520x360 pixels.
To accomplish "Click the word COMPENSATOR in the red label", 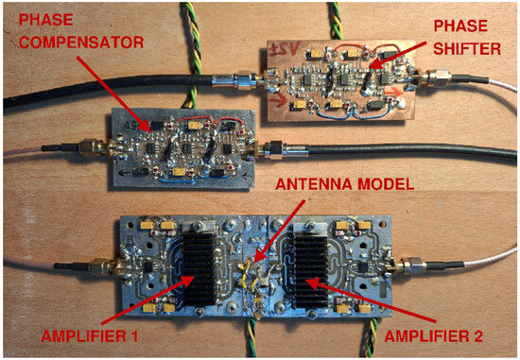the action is pyautogui.click(x=81, y=43).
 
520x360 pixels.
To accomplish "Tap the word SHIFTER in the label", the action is pyautogui.click(x=467, y=49).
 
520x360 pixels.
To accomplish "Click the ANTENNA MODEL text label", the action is pyautogui.click(x=344, y=184).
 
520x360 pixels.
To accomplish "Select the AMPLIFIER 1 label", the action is pyautogui.click(x=89, y=336).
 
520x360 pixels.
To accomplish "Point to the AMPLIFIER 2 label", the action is pyautogui.click(x=433, y=336).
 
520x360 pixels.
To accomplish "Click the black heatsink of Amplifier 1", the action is pyautogui.click(x=199, y=269).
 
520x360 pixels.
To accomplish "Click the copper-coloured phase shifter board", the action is pyautogui.click(x=340, y=81).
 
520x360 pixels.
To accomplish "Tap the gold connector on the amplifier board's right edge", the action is pyautogui.click(x=408, y=266).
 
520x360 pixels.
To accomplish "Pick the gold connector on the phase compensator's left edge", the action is pyautogui.click(x=92, y=147).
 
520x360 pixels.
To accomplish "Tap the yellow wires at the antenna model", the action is pyautogui.click(x=250, y=277).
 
